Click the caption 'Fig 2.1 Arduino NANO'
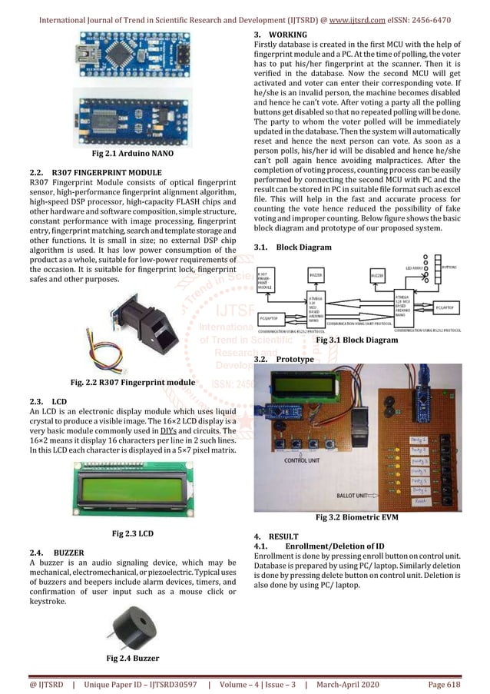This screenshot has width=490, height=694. point(129,154)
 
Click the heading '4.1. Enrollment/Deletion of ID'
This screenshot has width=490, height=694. point(318,544)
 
